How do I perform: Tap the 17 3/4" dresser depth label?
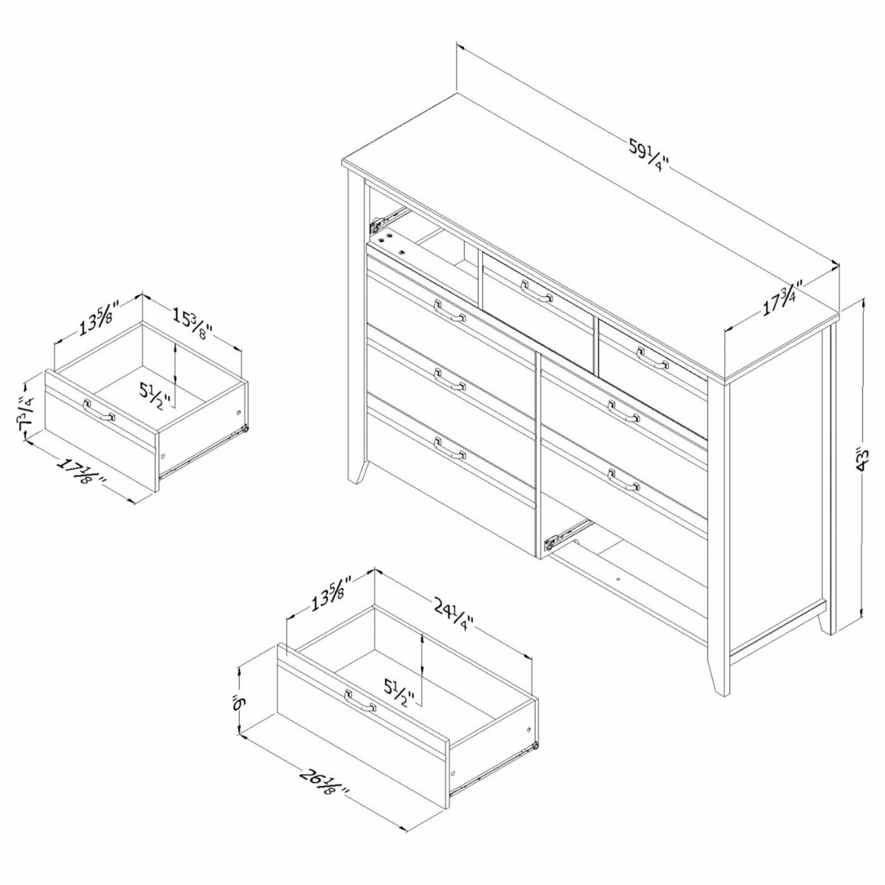783,302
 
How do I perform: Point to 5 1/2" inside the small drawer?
156,394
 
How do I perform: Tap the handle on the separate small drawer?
98,411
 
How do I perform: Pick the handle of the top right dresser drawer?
652,357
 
